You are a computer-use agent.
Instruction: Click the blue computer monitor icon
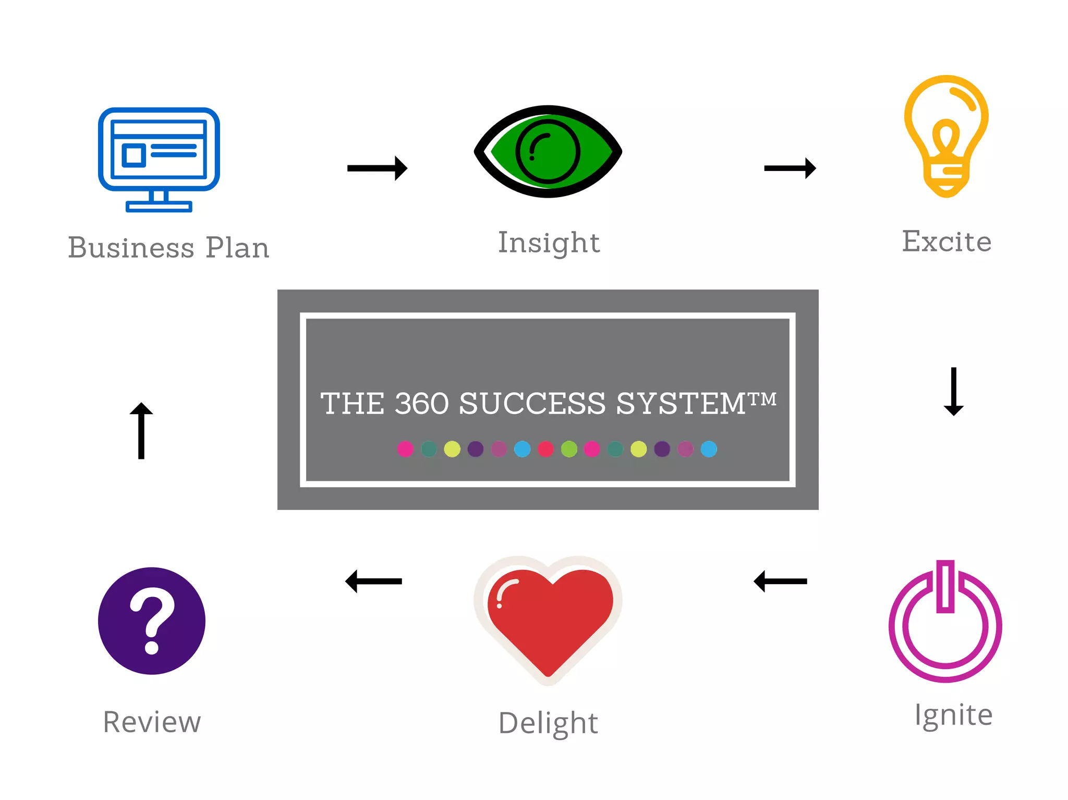point(159,159)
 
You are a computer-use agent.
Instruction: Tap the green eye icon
point(548,152)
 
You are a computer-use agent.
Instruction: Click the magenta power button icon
point(945,623)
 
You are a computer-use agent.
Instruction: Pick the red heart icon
point(549,618)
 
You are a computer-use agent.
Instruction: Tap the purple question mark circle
point(152,621)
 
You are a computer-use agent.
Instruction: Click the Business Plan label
point(168,248)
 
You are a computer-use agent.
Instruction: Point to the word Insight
point(549,243)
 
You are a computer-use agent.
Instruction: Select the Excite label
point(946,241)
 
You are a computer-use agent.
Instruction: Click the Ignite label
point(953,714)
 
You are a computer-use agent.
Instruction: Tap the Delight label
point(548,723)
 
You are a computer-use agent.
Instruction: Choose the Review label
point(152,722)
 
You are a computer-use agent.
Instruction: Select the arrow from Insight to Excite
point(790,168)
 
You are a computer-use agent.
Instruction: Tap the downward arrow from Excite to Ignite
point(953,391)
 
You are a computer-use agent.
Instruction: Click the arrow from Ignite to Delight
point(780,581)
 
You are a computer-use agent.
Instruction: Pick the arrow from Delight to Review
point(373,581)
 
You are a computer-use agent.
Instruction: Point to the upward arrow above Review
point(141,431)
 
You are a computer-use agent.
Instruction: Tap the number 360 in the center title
point(421,404)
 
